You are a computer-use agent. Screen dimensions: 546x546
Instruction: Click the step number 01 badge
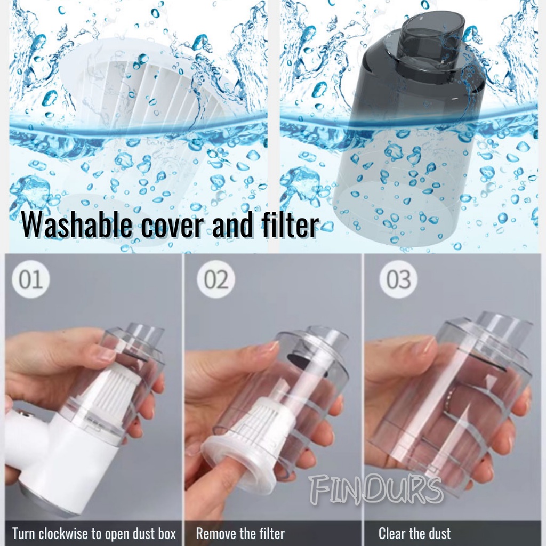pos(30,279)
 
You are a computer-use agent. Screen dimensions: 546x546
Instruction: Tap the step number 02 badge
pos(216,279)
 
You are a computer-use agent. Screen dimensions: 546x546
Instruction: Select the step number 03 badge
pos(398,279)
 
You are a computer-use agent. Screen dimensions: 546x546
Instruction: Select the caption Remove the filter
pos(240,533)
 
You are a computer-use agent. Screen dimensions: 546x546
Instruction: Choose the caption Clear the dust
pos(414,533)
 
